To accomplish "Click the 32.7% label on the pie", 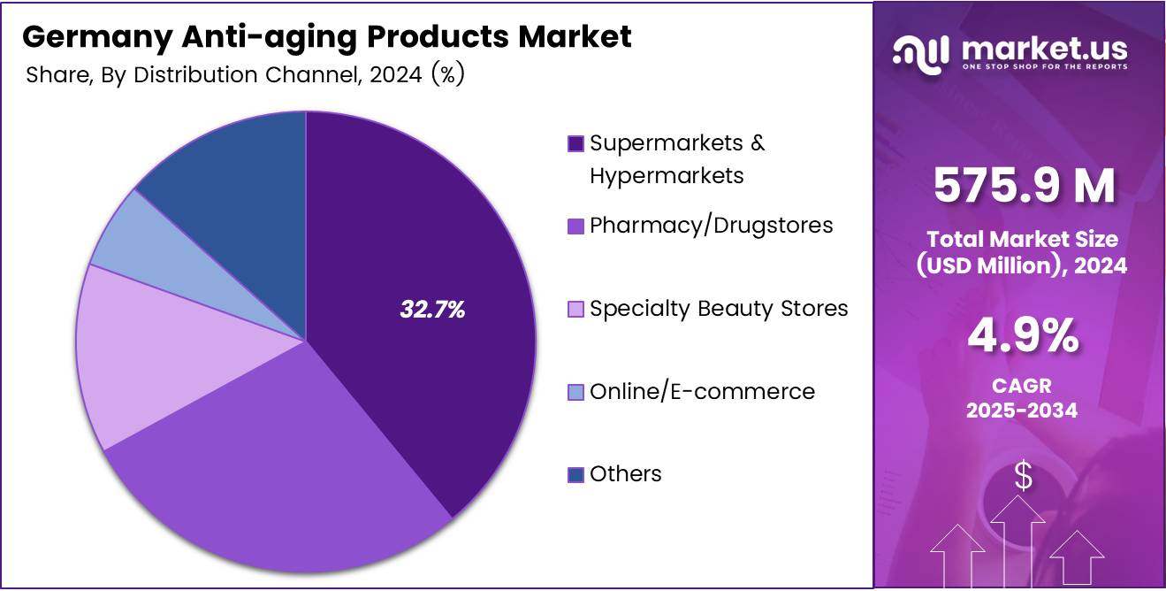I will pyautogui.click(x=432, y=310).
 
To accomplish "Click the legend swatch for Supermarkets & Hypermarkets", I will pyautogui.click(x=575, y=143).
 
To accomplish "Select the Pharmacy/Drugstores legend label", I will pyautogui.click(x=711, y=226).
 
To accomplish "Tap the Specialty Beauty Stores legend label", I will pyautogui.click(x=719, y=308).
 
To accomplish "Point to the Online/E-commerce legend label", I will pyautogui.click(x=702, y=391).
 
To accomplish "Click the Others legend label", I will pyautogui.click(x=625, y=474).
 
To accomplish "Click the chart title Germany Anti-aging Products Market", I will pyautogui.click(x=327, y=37).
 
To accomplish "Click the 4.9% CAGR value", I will pyautogui.click(x=1023, y=337).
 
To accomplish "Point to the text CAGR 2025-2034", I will pyautogui.click(x=1022, y=398).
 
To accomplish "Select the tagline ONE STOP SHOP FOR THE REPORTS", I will pyautogui.click(x=1044, y=67).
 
